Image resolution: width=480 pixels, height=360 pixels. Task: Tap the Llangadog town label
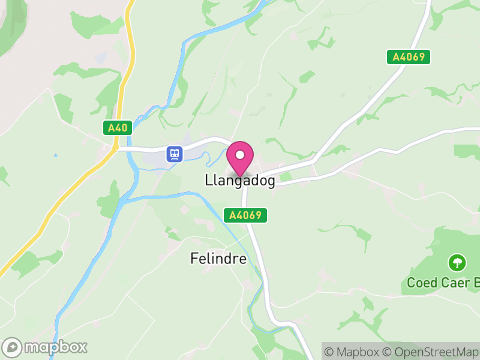point(240,181)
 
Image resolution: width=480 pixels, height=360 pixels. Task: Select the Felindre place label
point(218,259)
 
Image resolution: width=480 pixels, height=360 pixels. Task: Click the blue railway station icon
point(175,154)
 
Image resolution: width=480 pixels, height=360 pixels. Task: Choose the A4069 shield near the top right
point(408,57)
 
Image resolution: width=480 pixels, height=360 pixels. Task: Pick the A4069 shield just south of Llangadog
point(245,215)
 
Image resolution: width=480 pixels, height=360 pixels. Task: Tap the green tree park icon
point(457,262)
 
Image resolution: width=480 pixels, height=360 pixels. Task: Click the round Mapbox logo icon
point(13,347)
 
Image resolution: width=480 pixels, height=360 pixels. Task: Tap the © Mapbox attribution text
point(355,352)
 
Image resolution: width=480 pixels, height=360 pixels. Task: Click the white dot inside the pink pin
point(240,155)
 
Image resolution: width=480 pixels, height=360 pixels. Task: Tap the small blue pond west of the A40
point(56,156)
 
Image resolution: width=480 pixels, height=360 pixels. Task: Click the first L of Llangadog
point(208,180)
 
